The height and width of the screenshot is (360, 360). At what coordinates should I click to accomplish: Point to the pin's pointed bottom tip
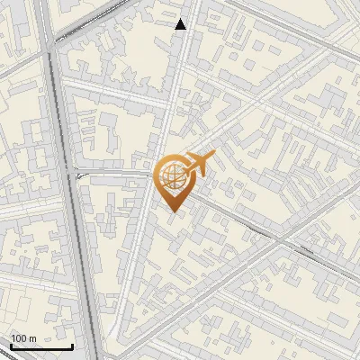click(172, 210)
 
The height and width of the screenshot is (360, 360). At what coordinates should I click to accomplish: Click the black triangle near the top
click(181, 24)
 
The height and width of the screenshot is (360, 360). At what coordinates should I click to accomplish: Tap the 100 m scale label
click(23, 338)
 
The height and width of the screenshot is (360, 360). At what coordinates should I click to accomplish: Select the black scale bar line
click(41, 346)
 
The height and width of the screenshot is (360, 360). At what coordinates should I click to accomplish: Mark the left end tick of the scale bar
click(11, 345)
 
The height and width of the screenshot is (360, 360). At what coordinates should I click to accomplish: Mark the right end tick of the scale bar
click(72, 345)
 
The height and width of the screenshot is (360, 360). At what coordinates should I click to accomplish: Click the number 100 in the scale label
click(19, 338)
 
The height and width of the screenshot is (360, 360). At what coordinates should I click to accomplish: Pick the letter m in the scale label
click(32, 338)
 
